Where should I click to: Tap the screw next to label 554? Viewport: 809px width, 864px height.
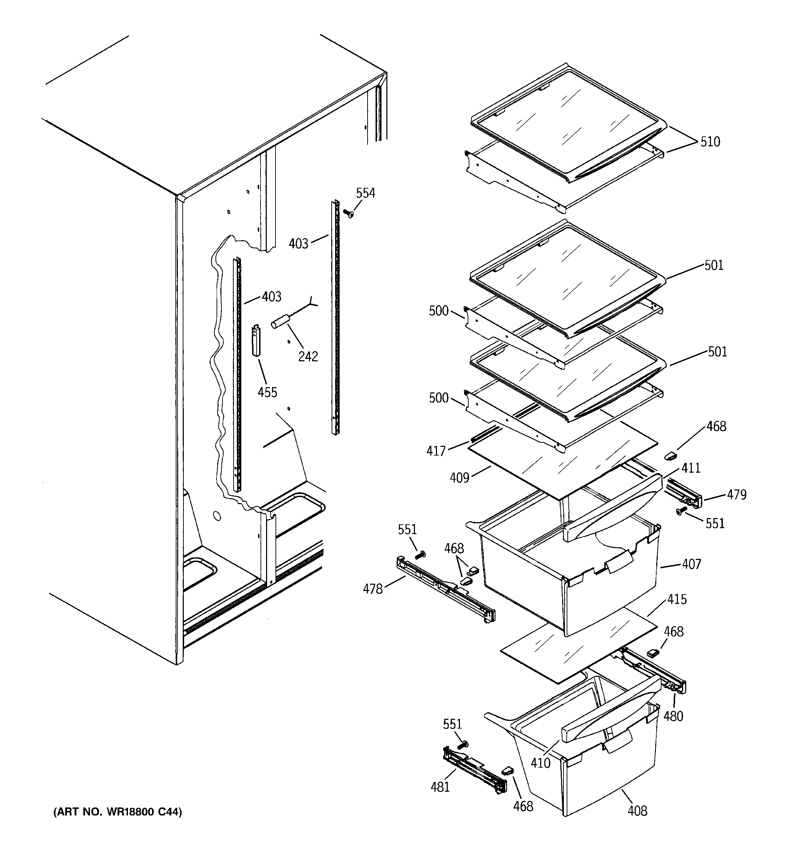click(x=348, y=213)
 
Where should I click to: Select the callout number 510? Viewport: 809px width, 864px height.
click(x=710, y=142)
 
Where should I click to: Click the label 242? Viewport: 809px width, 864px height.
click(x=308, y=356)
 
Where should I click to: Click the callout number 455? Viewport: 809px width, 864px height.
click(x=267, y=392)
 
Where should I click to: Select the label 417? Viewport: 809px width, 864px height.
click(x=436, y=451)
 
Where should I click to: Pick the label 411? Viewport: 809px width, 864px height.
click(x=691, y=468)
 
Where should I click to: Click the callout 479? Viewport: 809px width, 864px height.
click(x=736, y=495)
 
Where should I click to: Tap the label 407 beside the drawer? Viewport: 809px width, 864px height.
click(x=691, y=564)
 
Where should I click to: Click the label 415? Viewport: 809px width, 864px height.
click(x=677, y=599)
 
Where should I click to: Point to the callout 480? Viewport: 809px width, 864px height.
click(x=673, y=716)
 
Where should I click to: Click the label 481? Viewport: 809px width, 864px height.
click(x=440, y=787)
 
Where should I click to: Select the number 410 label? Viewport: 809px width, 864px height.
click(x=540, y=763)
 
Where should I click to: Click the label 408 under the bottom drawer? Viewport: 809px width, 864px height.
click(x=637, y=811)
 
